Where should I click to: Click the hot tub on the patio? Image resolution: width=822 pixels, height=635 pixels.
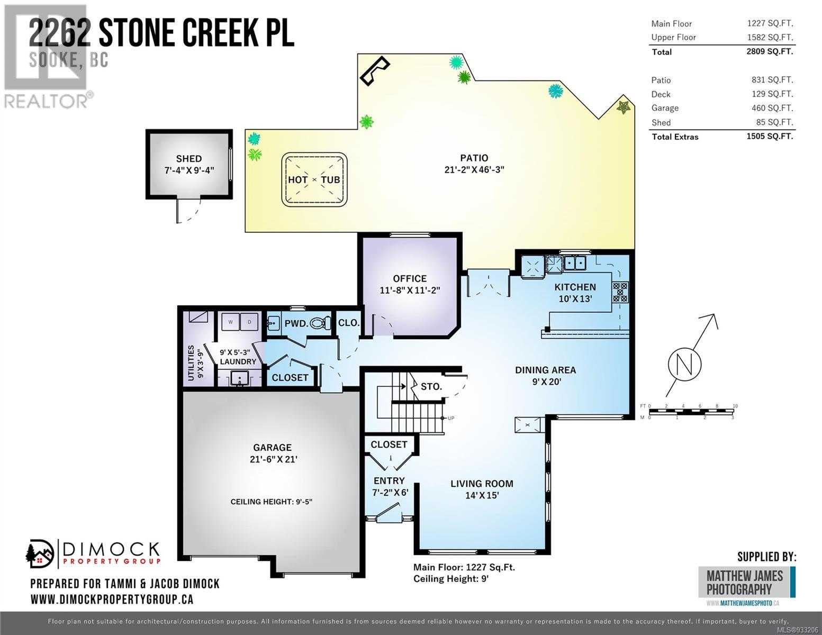(314, 179)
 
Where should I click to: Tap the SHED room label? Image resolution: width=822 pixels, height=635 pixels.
(189, 158)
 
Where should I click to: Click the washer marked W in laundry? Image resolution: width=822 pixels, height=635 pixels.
(230, 322)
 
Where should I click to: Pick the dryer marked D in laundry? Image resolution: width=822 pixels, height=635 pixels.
(249, 322)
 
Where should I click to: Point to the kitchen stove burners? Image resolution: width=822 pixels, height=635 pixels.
(620, 292)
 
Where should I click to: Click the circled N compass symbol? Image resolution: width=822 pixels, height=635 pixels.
(684, 364)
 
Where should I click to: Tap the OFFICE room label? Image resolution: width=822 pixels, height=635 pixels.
(410, 279)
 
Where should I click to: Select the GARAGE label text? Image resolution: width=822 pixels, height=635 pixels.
(273, 448)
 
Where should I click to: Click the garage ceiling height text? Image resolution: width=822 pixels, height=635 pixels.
(271, 502)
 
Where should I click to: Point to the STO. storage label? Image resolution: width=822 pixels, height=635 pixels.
(431, 386)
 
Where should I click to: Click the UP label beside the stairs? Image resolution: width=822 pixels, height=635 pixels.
(451, 418)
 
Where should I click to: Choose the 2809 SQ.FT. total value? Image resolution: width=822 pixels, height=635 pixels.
(770, 51)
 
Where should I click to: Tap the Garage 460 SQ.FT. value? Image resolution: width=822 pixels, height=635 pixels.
(772, 108)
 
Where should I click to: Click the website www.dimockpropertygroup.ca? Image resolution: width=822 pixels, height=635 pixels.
(112, 600)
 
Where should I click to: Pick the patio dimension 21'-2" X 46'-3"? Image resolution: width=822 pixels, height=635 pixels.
(474, 170)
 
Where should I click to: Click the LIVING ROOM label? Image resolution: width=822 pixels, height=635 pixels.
(482, 483)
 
